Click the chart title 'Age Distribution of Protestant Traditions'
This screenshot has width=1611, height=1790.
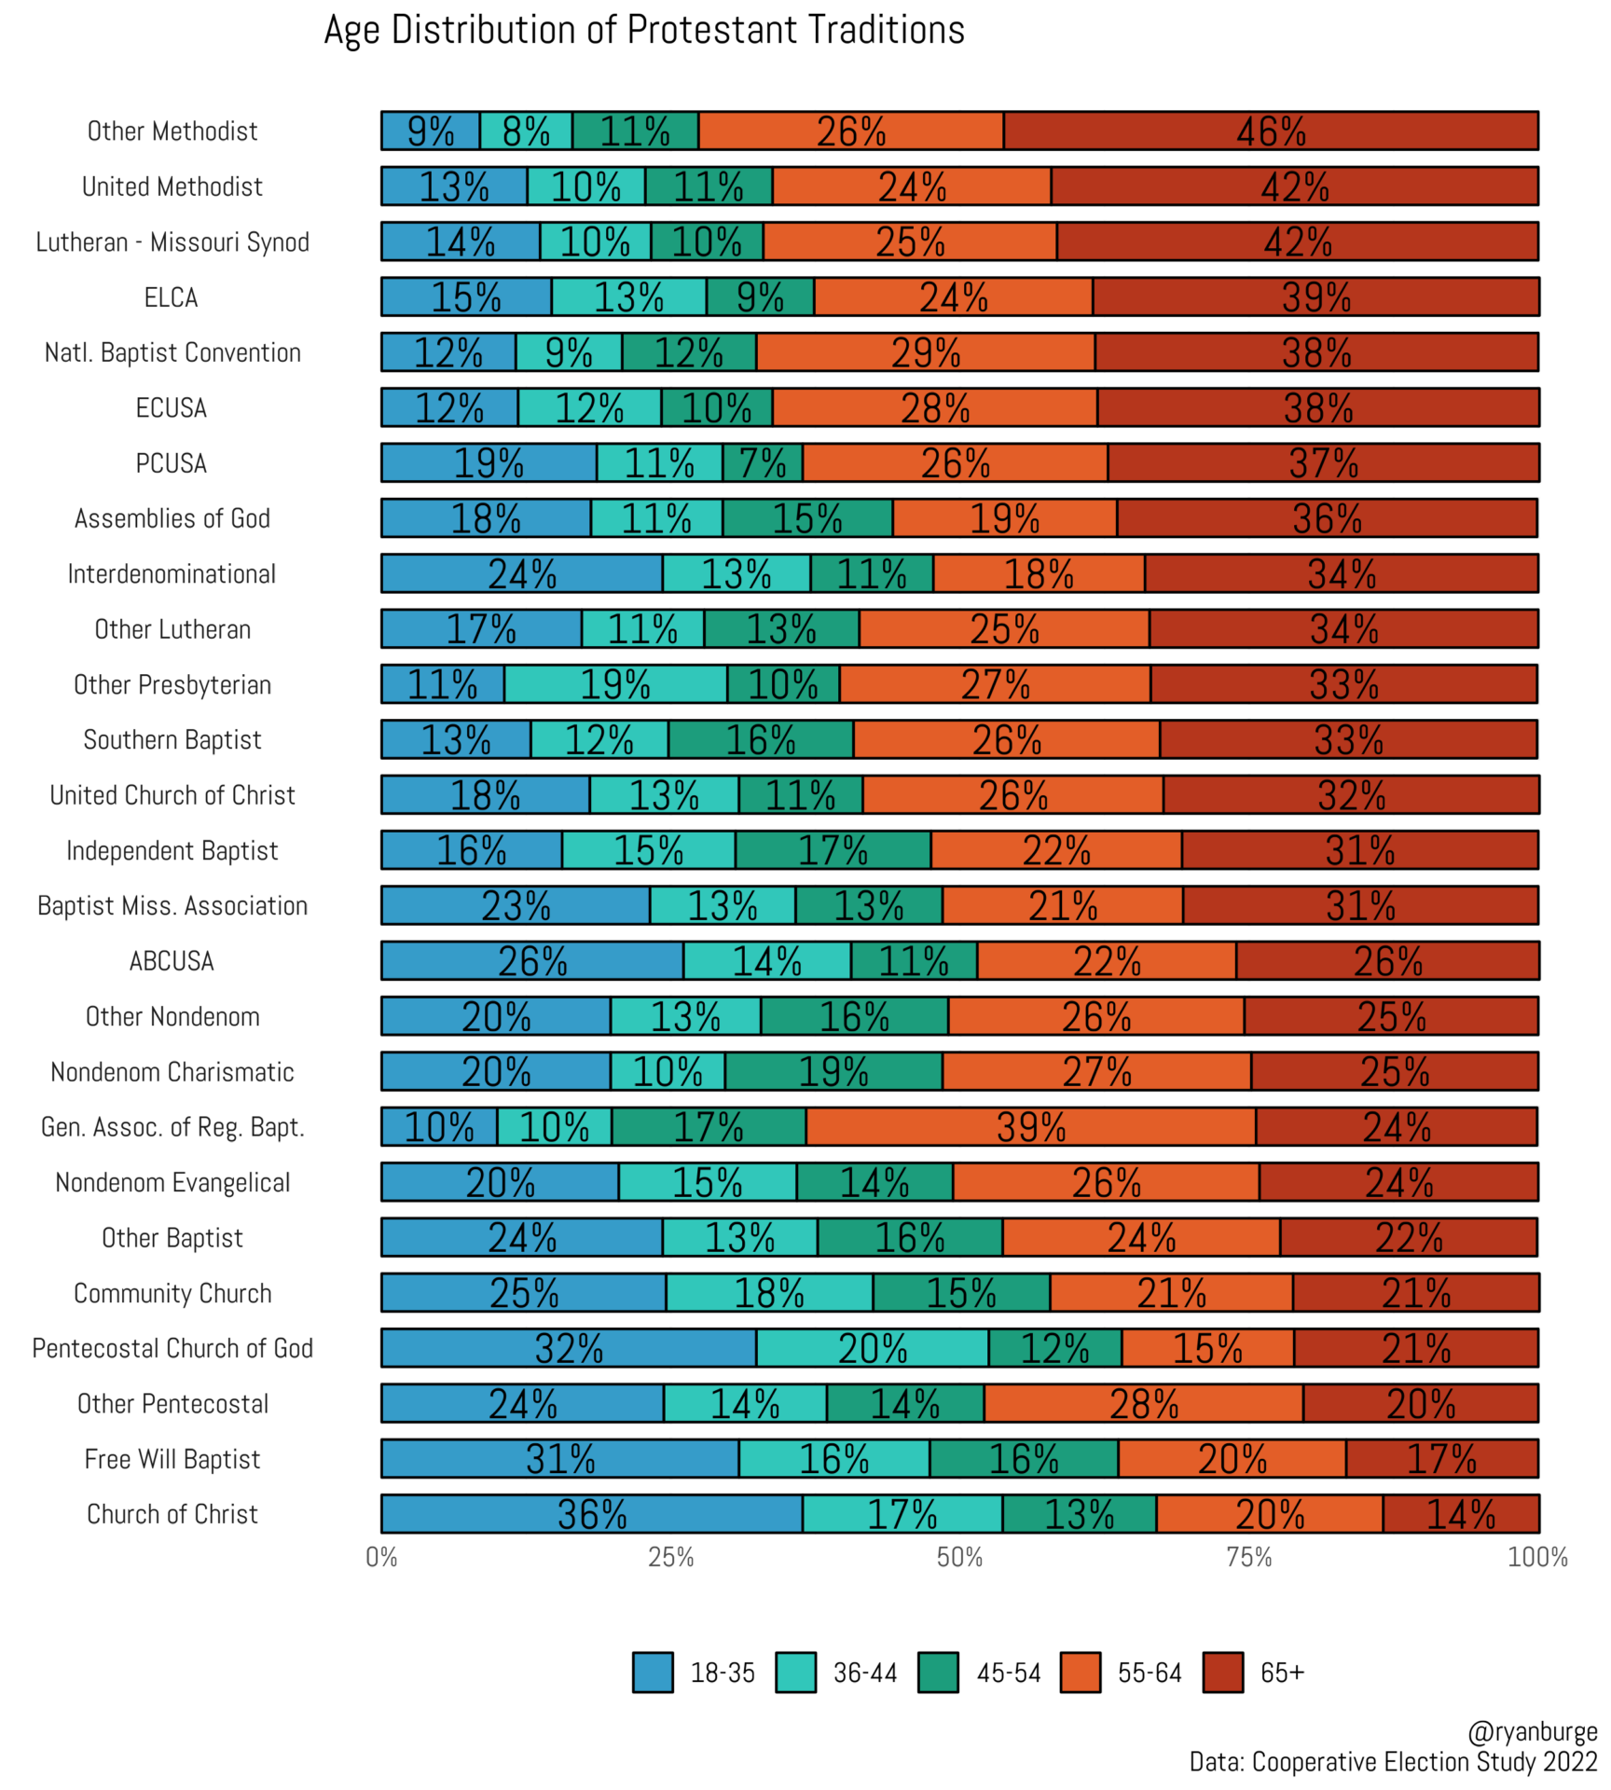[x=643, y=31]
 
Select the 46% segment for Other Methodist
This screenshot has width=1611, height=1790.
[x=1270, y=131]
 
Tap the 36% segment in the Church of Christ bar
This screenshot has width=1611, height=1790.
[x=591, y=1514]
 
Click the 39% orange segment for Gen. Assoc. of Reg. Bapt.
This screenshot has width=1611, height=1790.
[x=1030, y=1127]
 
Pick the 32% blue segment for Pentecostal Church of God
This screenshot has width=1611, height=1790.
[x=569, y=1348]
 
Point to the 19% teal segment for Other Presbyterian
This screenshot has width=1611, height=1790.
[x=615, y=684]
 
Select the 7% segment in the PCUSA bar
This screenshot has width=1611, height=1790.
[x=762, y=463]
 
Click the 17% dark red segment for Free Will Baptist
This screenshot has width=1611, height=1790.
[x=1441, y=1459]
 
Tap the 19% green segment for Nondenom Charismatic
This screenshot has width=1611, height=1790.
[x=833, y=1072]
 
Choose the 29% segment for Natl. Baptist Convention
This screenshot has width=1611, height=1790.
[x=925, y=352]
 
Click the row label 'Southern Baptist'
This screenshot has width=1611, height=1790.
[x=172, y=740]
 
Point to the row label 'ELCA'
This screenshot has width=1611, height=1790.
[x=172, y=297]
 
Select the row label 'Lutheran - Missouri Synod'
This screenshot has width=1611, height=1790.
[x=172, y=242]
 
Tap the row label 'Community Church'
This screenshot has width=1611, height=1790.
[x=172, y=1293]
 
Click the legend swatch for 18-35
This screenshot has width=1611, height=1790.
[x=653, y=1673]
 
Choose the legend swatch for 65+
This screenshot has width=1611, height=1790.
[x=1223, y=1673]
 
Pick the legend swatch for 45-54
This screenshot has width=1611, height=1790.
[x=938, y=1673]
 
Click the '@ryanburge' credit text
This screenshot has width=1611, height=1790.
[x=1532, y=1732]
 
